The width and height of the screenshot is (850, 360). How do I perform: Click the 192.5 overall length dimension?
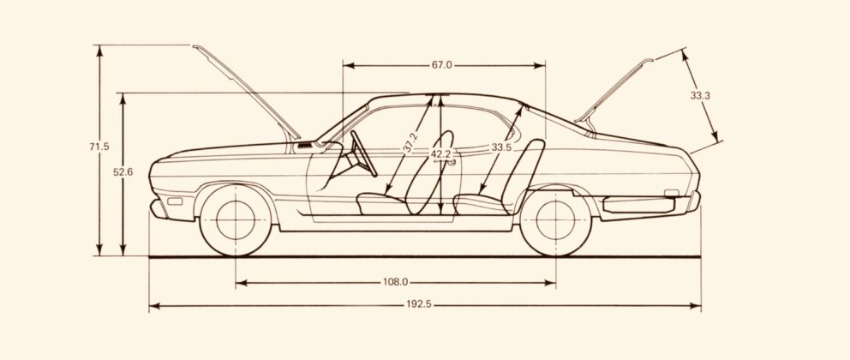point(419,304)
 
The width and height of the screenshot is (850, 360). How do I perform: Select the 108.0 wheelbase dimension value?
point(395,282)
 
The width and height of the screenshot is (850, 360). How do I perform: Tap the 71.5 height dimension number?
point(99,147)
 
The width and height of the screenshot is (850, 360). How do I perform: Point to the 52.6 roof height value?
point(123,172)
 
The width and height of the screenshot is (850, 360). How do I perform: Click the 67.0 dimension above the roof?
point(442,65)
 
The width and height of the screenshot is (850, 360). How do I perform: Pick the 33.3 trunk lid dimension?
point(700,95)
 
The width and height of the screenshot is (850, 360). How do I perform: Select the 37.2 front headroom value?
point(410,142)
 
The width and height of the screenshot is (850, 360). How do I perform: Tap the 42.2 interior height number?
point(440,154)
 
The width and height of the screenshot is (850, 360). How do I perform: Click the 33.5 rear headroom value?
point(501,147)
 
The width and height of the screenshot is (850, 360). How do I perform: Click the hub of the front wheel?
point(236,219)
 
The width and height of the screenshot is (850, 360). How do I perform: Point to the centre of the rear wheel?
point(555,219)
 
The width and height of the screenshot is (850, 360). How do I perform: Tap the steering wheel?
point(363,153)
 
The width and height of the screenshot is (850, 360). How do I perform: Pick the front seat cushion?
point(382,203)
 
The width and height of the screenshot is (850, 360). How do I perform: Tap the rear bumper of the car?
point(694,201)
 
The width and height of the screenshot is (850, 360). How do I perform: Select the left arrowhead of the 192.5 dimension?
point(154,306)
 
